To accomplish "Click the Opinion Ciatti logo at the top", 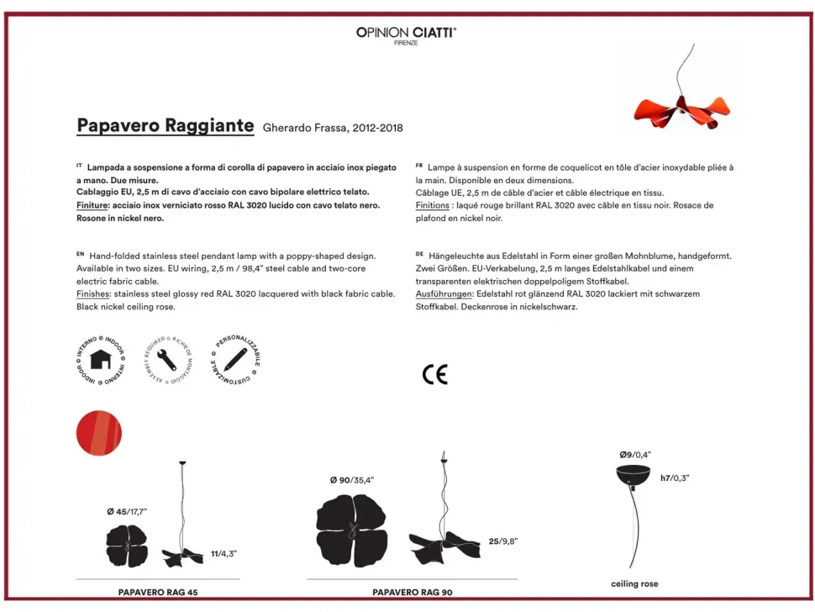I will tap(407, 34).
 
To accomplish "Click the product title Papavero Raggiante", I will tap(165, 126).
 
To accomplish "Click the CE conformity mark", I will tap(434, 375).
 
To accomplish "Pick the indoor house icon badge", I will tap(101, 359).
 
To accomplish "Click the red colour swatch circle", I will tap(99, 435).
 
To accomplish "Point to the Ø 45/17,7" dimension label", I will tap(127, 511).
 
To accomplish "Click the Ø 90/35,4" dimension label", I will tap(351, 480).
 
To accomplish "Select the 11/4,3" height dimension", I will tap(223, 554).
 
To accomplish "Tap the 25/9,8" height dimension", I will tap(502, 541).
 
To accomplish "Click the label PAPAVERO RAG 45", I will tap(158, 593).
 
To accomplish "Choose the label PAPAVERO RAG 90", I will tap(412, 593).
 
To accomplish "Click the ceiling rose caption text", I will tap(634, 583).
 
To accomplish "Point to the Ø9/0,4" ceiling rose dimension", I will tap(635, 455).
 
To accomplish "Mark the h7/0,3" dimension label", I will tap(674, 477).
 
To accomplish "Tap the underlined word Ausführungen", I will tap(443, 294).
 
